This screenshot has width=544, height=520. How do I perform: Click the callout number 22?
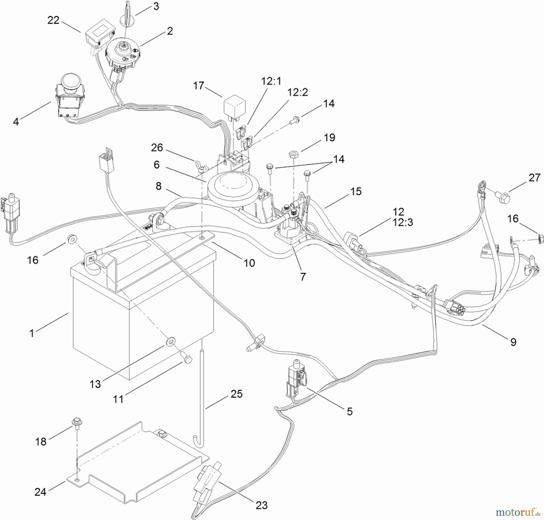[53, 20]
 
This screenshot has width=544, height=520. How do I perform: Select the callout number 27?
[534, 177]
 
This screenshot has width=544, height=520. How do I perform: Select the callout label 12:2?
[297, 92]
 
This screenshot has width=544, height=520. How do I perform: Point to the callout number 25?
[236, 394]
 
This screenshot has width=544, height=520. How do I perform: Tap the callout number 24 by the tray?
[40, 492]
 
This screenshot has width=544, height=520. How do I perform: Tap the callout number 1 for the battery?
[32, 333]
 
